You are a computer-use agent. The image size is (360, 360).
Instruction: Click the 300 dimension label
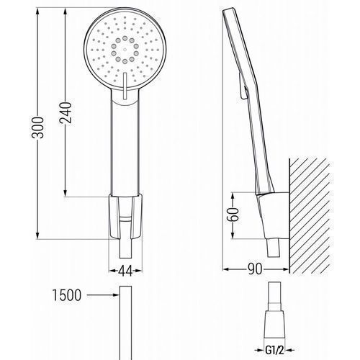pyautogui.click(x=37, y=127)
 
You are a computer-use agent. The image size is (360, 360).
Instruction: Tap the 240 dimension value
pyautogui.click(x=66, y=112)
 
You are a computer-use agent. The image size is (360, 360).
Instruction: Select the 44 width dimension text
pyautogui.click(x=125, y=271)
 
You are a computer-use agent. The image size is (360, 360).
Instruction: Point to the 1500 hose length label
pyautogui.click(x=67, y=295)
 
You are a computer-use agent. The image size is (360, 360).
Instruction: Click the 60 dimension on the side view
pyautogui.click(x=233, y=215)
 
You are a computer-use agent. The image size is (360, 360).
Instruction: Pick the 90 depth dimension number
pyautogui.click(x=255, y=269)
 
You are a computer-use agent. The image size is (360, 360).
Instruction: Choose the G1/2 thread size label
pyautogui.click(x=274, y=350)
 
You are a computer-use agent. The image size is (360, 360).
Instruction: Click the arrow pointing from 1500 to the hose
pyautogui.click(x=103, y=295)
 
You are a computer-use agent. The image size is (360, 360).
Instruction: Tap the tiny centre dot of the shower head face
pyautogui.click(x=125, y=50)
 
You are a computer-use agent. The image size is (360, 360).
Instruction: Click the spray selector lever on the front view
pyautogui.click(x=125, y=86)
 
